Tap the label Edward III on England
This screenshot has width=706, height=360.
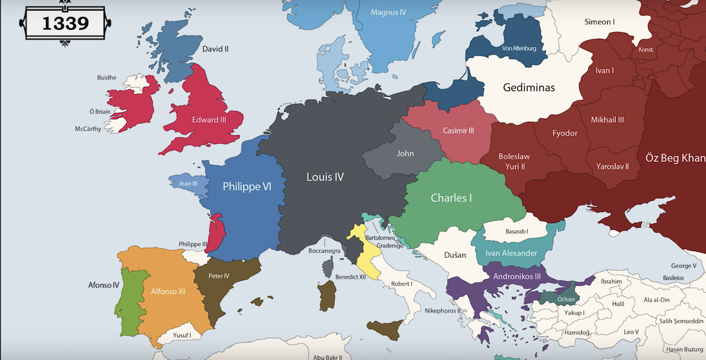pos(209,120)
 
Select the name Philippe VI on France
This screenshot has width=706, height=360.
pos(247,186)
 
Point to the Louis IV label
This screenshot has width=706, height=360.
pos(325,176)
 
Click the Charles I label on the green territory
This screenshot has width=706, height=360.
pos(451,198)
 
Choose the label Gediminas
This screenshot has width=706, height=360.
pos(529,88)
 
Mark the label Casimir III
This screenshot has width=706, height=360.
pos(458,131)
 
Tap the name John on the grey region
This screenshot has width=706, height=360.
pos(405,154)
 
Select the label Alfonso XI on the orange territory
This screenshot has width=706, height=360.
pos(168,291)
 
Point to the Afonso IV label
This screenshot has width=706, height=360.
pos(104,285)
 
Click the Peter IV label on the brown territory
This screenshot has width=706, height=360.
pos(219,275)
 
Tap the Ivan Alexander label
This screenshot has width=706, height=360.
pos(511,254)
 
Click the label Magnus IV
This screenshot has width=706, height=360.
pos(388,12)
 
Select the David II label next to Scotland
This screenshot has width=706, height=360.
pos(215,49)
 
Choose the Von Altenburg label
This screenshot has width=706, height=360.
pos(519,48)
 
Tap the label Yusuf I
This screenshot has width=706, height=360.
pos(181,335)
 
